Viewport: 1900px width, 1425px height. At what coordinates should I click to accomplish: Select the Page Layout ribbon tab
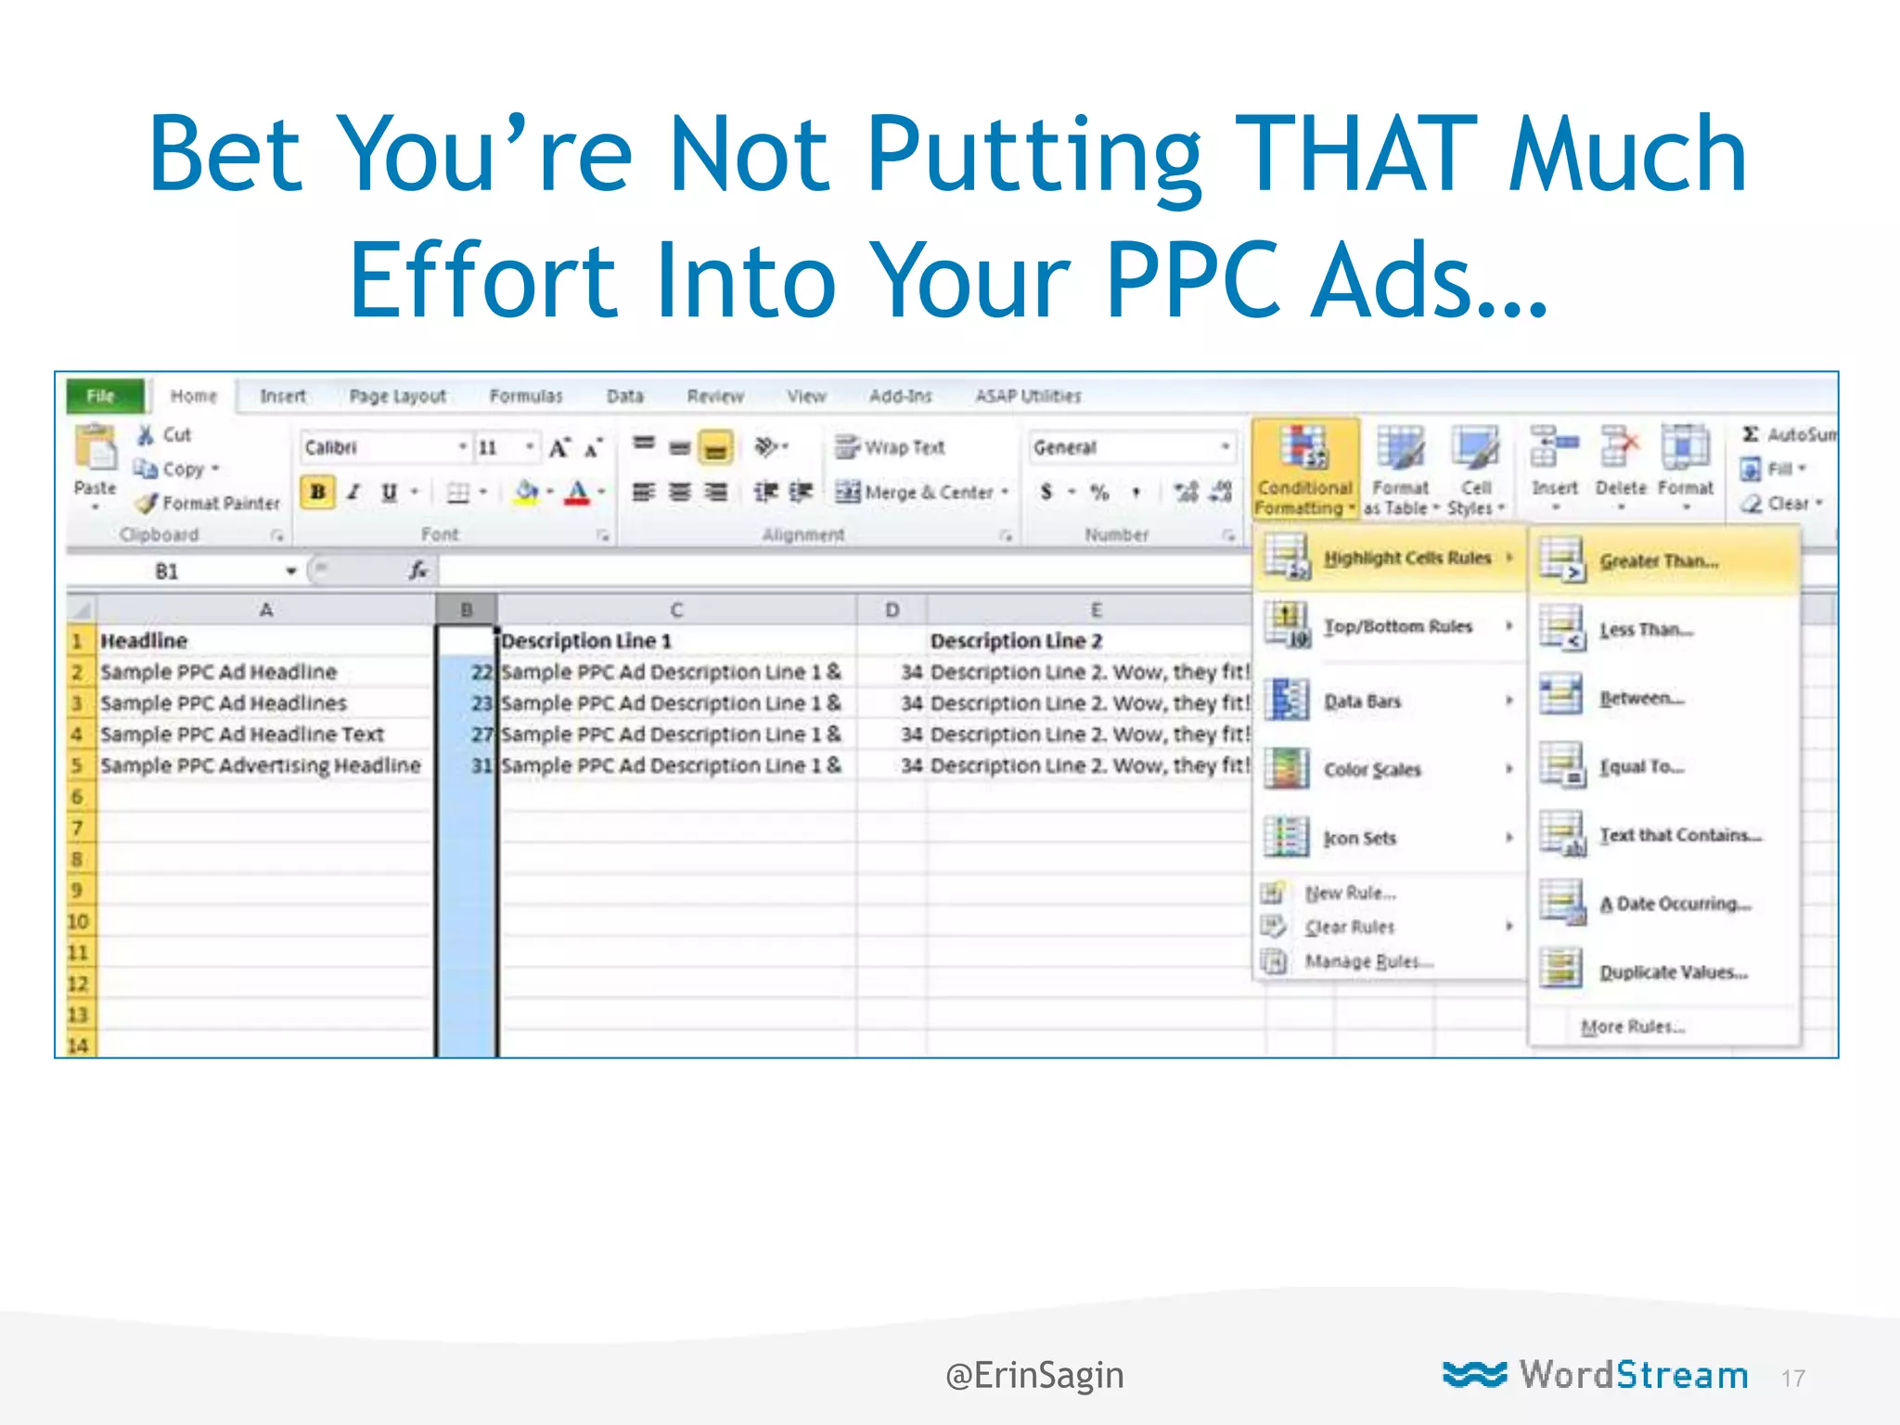coord(397,396)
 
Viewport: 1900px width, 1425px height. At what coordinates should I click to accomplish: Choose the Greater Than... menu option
coord(1659,561)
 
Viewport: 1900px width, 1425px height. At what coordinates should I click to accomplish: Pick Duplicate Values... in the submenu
coord(1673,972)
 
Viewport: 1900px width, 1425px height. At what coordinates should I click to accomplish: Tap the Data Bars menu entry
coord(1362,701)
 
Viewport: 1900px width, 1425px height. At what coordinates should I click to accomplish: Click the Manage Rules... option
coord(1368,961)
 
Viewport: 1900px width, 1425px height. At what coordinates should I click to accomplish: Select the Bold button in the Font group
coord(317,492)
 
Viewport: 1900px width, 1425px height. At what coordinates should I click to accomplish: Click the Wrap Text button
coord(891,447)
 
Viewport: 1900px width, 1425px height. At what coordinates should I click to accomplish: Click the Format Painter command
coord(210,503)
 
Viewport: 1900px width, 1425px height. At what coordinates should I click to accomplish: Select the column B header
coord(467,610)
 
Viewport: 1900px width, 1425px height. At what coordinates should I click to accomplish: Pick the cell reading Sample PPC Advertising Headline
coord(260,765)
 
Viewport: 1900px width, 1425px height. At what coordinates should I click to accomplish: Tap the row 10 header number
coord(78,921)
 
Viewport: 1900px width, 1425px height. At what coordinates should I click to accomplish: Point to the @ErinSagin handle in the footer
coord(1034,1375)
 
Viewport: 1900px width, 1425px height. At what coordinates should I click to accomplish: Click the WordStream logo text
coord(1633,1375)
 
